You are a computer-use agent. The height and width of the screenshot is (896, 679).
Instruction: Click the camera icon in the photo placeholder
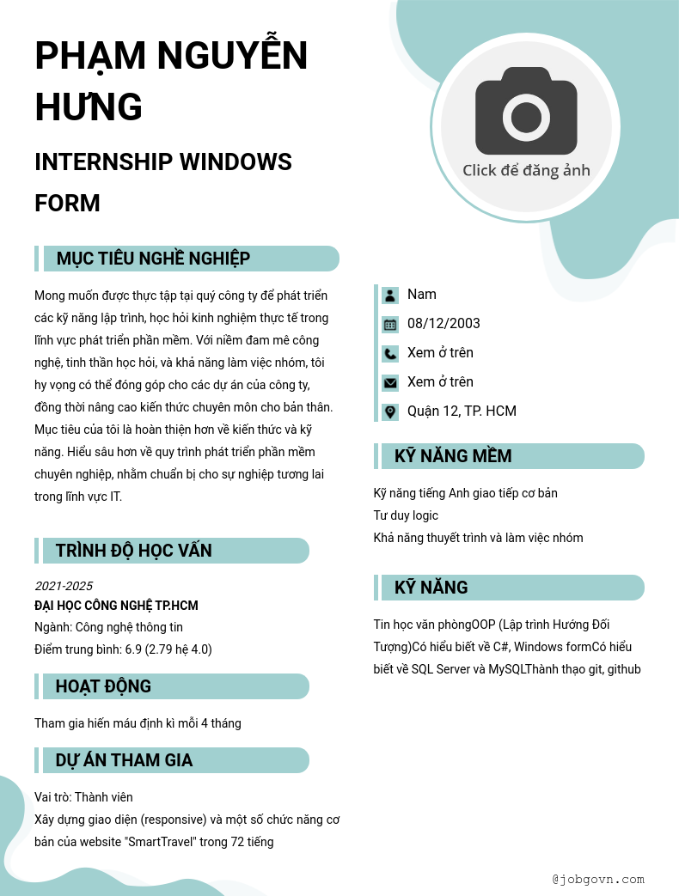click(526, 112)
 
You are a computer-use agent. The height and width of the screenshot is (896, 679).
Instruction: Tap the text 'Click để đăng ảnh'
click(526, 170)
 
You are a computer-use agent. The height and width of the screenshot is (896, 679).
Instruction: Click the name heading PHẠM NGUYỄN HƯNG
click(171, 82)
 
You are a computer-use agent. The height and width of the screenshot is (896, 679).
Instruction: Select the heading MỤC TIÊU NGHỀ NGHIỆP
click(153, 259)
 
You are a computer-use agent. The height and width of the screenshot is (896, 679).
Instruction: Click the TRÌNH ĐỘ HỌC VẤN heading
click(133, 551)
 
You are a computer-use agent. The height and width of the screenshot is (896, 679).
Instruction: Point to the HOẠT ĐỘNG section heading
click(103, 686)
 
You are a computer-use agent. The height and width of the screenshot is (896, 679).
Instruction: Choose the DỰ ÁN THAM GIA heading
click(124, 760)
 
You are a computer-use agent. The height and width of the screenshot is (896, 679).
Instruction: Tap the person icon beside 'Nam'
click(390, 296)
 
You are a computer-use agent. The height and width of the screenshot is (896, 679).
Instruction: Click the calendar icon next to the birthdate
click(390, 325)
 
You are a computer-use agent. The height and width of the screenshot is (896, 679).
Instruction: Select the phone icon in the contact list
click(390, 354)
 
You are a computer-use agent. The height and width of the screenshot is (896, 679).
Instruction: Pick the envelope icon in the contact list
click(390, 383)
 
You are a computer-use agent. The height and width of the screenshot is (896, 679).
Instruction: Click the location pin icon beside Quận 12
click(390, 412)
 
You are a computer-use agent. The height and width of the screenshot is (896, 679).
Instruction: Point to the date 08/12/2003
click(443, 324)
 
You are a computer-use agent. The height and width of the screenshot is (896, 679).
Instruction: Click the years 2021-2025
click(64, 586)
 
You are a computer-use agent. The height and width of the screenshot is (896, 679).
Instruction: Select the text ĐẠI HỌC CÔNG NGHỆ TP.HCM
click(116, 606)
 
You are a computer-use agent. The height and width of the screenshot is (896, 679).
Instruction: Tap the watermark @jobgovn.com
click(598, 880)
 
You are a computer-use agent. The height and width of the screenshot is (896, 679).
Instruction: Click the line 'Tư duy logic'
click(406, 515)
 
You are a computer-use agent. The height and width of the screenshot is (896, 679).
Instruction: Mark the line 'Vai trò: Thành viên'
click(83, 797)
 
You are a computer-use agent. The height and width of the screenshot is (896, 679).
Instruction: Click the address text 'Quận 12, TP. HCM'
click(462, 411)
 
